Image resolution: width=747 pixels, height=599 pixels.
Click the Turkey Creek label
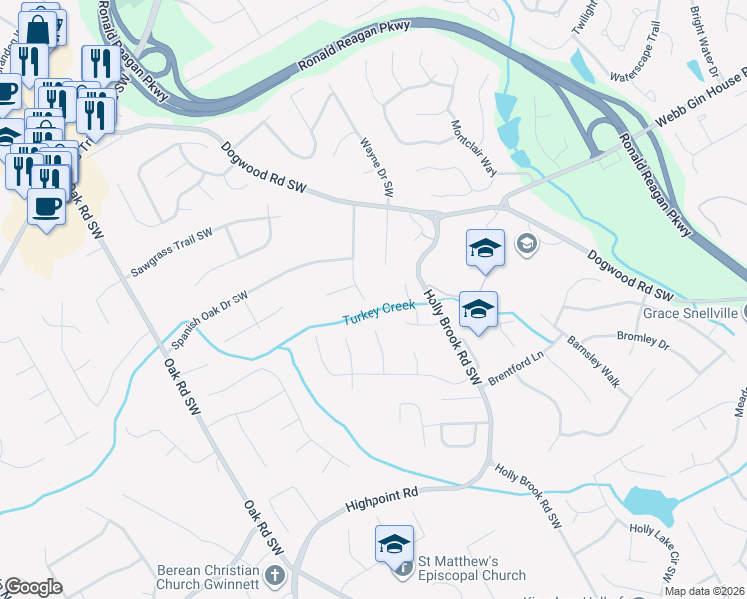(378, 313)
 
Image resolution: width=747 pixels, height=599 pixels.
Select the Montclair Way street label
(473, 149)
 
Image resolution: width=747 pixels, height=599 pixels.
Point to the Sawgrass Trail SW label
(172, 253)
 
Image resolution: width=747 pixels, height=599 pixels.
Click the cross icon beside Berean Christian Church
(275, 577)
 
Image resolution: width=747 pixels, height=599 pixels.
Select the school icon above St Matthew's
(394, 544)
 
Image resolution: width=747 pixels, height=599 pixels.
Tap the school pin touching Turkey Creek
(478, 309)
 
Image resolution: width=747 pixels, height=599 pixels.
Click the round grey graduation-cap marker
(526, 243)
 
